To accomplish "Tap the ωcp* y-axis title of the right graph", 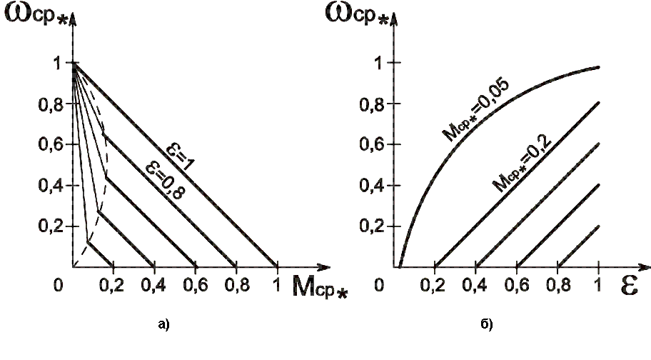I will click(360, 16).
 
